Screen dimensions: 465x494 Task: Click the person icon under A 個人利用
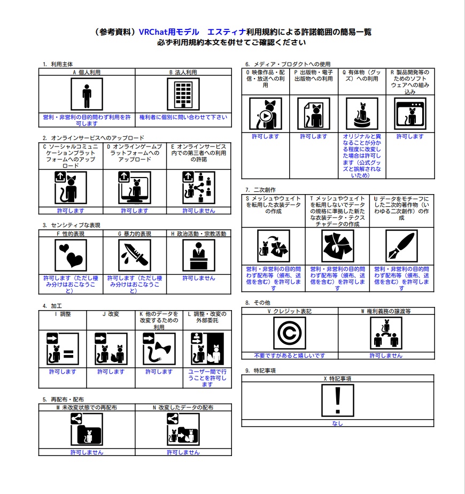point(87,94)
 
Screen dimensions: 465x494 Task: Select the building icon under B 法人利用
point(183,94)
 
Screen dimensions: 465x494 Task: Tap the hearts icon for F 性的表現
point(71,254)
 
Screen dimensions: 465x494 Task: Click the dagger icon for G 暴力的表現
point(135,254)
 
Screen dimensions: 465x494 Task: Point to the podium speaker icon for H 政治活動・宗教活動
point(199,254)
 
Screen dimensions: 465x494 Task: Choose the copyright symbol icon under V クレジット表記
point(290,333)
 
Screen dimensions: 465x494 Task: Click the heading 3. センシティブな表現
point(72,225)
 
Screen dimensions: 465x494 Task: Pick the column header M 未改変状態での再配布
point(87,407)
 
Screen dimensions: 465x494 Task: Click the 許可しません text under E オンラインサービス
point(199,211)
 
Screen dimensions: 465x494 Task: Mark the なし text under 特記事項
point(337,423)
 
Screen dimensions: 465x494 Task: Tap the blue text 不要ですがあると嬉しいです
point(290,356)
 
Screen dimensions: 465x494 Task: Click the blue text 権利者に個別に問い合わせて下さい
point(183,117)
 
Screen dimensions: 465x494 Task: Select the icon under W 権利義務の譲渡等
point(385,333)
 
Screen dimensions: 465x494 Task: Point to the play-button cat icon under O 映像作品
point(266,114)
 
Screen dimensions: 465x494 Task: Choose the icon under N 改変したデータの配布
point(183,429)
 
